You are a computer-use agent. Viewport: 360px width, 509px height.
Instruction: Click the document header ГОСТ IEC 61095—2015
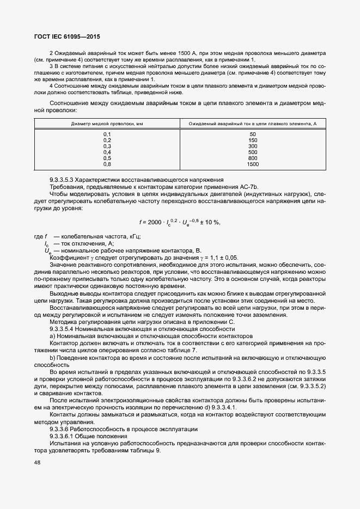[68, 35]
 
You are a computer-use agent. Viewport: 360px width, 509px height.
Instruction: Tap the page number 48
[37, 463]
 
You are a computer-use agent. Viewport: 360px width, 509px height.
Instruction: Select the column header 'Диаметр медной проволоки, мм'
[107, 124]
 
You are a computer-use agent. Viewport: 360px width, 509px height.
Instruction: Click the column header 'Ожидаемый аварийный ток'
[253, 124]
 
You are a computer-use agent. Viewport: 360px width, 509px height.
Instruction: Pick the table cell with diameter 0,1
[107, 134]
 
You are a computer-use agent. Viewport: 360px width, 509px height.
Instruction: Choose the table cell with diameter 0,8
[107, 164]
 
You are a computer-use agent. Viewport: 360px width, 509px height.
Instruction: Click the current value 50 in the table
[253, 134]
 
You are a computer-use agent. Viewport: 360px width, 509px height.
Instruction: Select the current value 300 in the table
[253, 146]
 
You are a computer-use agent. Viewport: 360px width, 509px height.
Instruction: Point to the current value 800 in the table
[253, 158]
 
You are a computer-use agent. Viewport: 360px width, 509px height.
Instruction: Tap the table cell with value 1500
[253, 164]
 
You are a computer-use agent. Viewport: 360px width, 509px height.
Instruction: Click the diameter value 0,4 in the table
[107, 152]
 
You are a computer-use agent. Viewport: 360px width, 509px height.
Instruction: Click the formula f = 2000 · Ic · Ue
[179, 222]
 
